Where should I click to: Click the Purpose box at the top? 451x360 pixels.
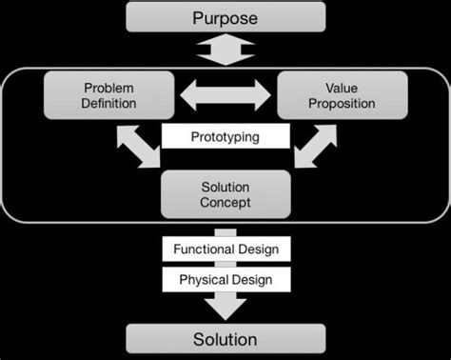[225, 17]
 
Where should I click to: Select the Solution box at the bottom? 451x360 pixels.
[225, 339]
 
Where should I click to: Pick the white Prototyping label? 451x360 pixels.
[225, 137]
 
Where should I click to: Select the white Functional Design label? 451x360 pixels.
[225, 250]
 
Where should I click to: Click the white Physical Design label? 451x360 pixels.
[225, 280]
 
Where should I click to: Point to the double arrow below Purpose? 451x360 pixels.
[225, 50]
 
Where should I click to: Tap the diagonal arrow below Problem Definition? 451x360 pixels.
[139, 145]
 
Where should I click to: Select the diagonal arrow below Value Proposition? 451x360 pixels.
[314, 145]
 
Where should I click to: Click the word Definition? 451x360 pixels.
[109, 104]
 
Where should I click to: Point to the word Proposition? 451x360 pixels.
[342, 104]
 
